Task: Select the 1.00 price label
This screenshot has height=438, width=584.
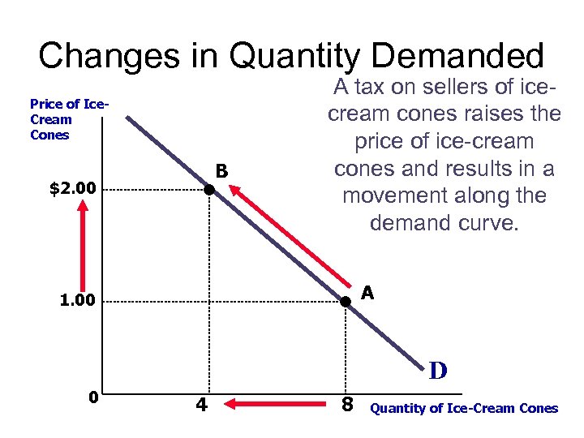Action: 78,301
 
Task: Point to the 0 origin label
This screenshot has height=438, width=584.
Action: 93,397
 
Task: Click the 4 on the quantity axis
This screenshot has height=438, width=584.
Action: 200,402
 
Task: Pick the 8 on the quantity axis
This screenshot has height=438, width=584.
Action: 347,402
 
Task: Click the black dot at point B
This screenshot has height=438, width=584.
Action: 208,190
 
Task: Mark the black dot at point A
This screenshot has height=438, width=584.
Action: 345,302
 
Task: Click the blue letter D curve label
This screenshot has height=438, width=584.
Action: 438,371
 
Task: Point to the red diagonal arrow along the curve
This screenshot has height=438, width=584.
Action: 294,235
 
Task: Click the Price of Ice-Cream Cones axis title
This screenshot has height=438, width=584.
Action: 58,119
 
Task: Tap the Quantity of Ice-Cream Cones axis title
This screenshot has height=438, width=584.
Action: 464,408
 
